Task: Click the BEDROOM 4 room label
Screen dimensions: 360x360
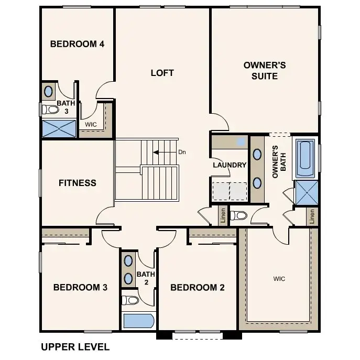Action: pos(77,44)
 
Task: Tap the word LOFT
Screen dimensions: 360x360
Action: pos(162,73)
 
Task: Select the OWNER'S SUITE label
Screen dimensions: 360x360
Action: pos(264,71)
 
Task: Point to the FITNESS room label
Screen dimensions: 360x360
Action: pos(77,183)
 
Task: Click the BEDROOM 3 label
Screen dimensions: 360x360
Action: pos(80,287)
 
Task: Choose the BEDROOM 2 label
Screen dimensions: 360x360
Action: pos(198,287)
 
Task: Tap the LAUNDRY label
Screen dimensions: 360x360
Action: pos(229,165)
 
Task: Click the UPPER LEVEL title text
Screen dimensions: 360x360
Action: pos(75,347)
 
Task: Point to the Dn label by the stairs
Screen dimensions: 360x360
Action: pos(182,152)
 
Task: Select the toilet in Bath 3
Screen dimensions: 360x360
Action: pos(51,110)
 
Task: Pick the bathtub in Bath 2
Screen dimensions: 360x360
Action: pos(138,320)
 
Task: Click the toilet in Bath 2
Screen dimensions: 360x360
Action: pos(130,300)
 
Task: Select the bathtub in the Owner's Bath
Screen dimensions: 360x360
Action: pos(305,158)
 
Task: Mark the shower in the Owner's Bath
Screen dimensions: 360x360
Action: pos(307,192)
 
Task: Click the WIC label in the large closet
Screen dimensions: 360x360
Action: pos(279,279)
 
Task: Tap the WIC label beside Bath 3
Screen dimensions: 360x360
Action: pos(91,125)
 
